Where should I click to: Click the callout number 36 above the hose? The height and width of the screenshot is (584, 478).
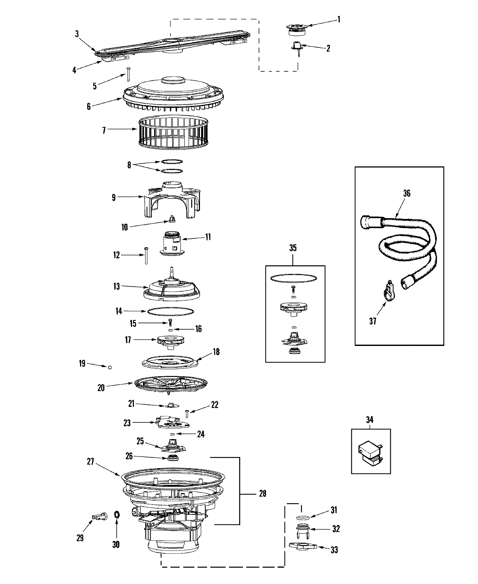click(x=406, y=194)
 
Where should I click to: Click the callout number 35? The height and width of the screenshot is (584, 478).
click(x=293, y=248)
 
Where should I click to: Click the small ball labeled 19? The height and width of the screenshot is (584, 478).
click(x=110, y=367)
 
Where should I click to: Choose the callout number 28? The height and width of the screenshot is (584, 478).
click(x=262, y=494)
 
